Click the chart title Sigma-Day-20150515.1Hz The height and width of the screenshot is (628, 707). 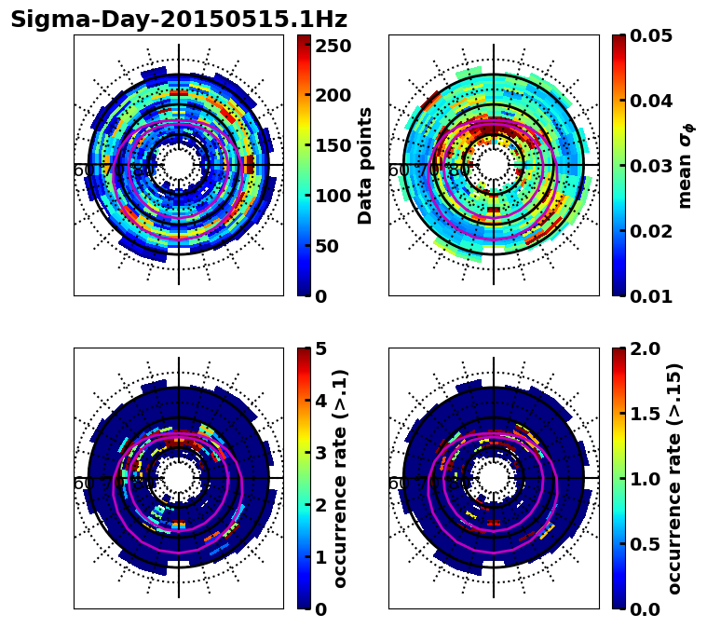178,20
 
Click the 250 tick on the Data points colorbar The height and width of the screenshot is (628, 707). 333,45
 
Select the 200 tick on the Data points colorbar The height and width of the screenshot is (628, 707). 333,95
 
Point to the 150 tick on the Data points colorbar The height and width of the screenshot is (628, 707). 333,145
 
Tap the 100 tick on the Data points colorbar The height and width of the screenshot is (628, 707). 333,196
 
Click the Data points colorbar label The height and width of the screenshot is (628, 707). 365,166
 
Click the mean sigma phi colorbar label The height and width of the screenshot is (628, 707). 686,166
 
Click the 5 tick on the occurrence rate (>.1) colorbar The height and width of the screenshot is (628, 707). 322,348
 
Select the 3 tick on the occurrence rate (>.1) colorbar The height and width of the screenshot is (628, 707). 322,453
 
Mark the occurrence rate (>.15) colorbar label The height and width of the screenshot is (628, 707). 674,479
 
